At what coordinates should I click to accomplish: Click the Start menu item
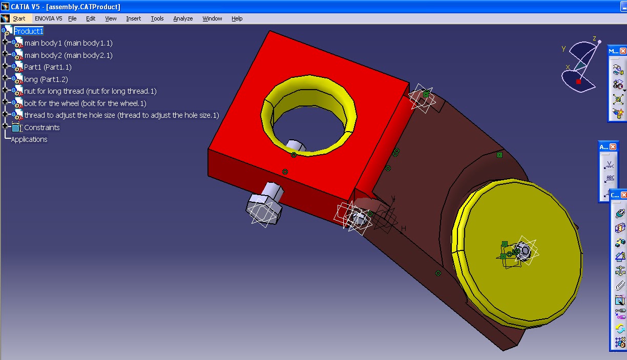coord(19,18)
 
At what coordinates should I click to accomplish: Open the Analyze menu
coord(183,18)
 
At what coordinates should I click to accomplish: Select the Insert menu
coord(133,18)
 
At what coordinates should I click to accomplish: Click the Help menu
coord(237,18)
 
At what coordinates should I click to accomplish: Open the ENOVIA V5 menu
coord(48,18)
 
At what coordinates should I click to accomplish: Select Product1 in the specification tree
coord(28,31)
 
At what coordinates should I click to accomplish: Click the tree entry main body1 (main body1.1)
coord(68,43)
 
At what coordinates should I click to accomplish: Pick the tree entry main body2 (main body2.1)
coord(68,55)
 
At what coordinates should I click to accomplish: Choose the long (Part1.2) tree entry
coord(46,79)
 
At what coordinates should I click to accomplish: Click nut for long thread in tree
coord(90,91)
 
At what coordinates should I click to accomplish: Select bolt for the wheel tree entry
coord(85,103)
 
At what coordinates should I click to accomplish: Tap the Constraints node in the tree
coord(41,128)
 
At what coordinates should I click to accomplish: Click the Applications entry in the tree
coord(29,139)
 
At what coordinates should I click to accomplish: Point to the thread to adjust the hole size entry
coord(121,115)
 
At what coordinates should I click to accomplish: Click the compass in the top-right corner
coord(579,67)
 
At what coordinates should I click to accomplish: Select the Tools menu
coord(157,18)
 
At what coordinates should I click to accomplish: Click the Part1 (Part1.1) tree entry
coord(48,67)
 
